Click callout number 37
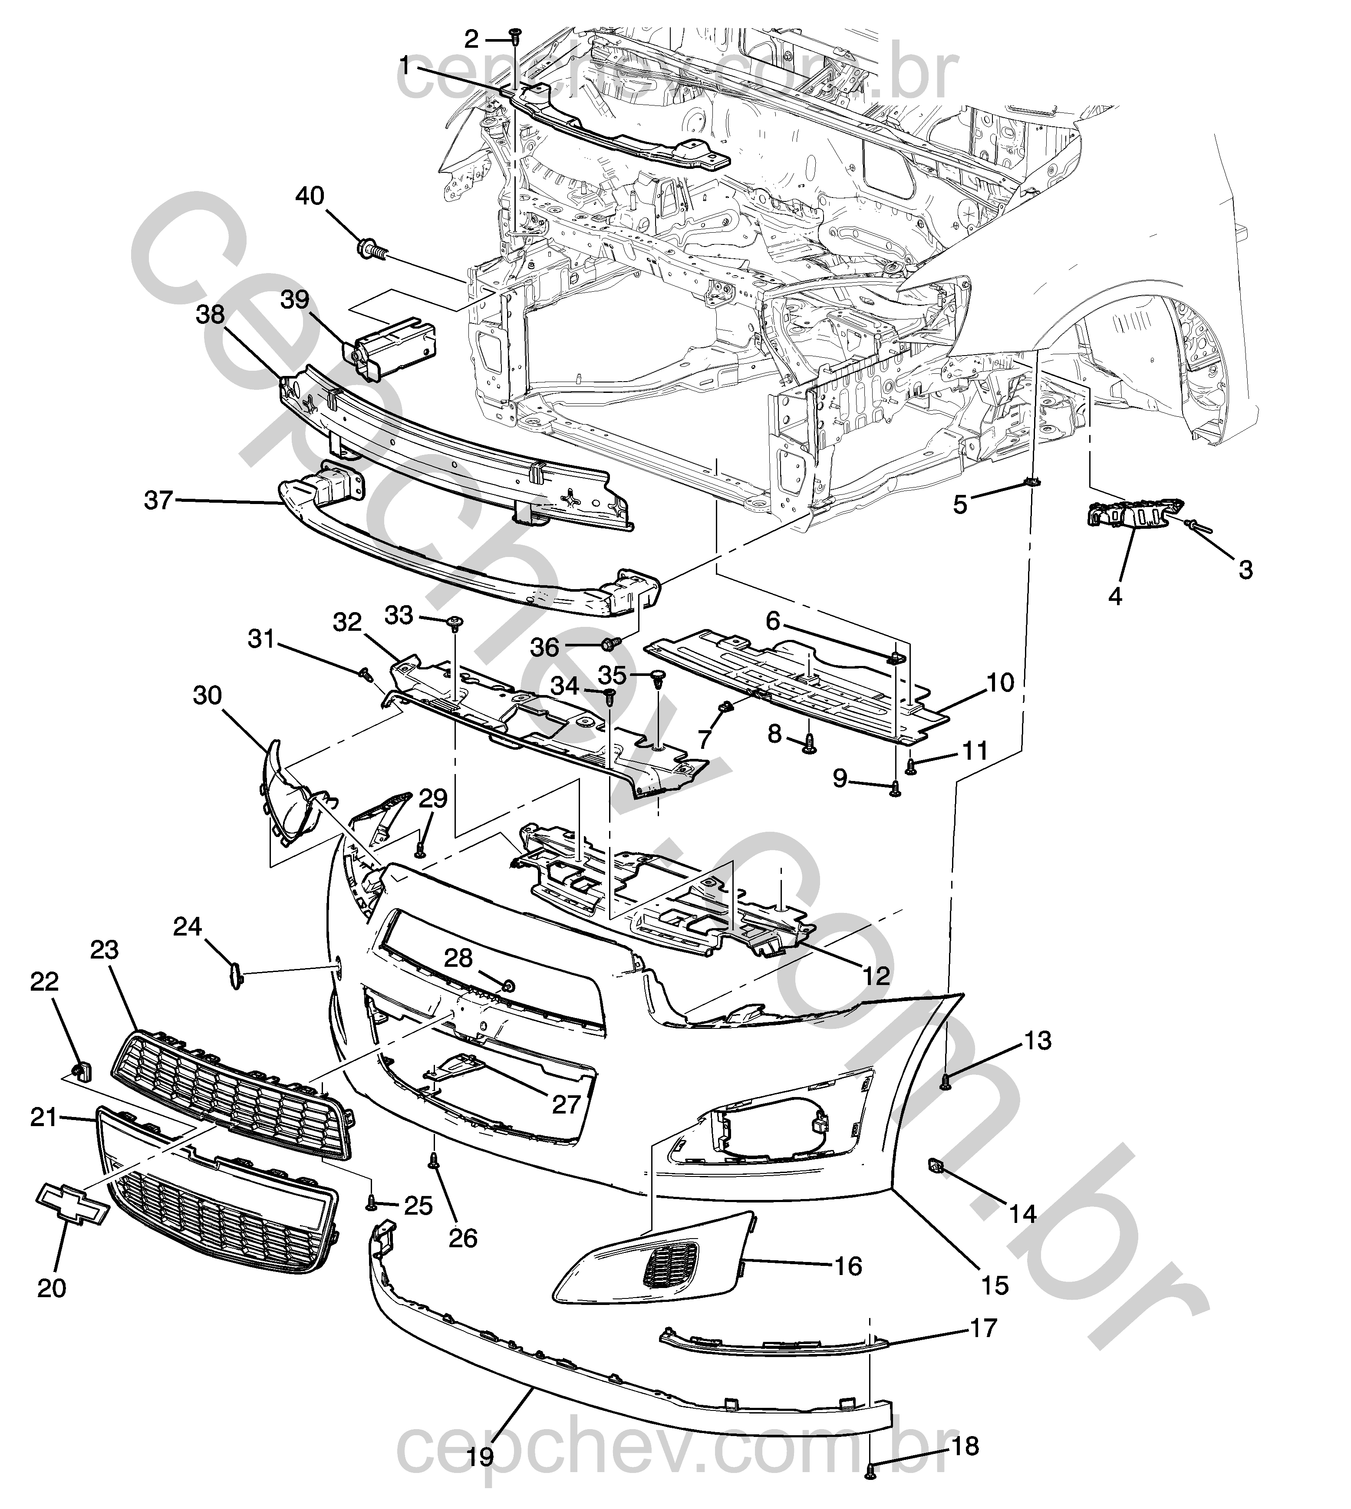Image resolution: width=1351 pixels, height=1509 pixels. coord(158,501)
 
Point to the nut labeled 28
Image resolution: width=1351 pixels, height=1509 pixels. coord(508,986)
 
